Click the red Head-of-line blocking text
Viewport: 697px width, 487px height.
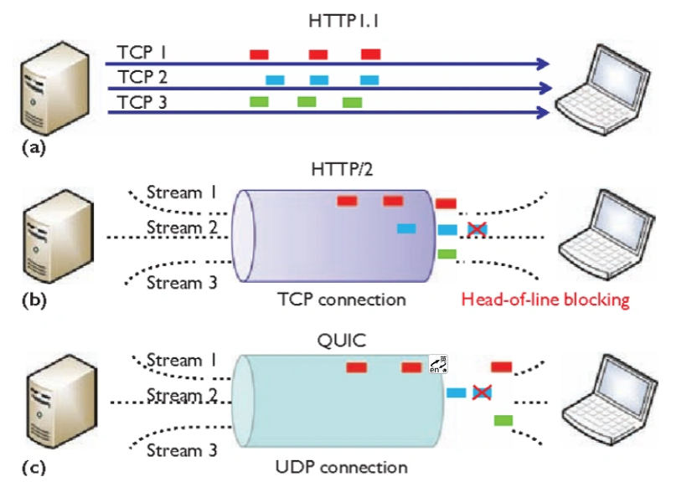pos(546,300)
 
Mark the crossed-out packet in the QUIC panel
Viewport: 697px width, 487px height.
pos(483,392)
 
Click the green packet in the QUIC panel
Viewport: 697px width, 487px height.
pos(503,419)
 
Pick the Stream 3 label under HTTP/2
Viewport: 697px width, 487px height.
pos(182,283)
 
